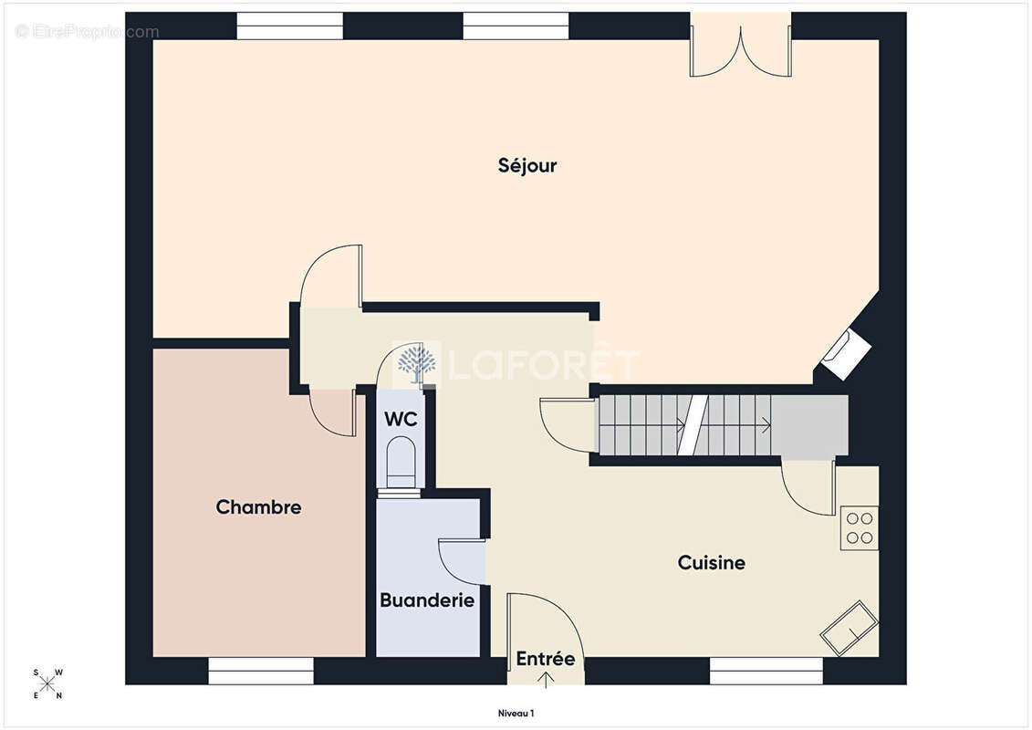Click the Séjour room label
click(x=527, y=165)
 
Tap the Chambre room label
click(x=258, y=506)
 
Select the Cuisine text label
click(x=712, y=562)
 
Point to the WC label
click(x=401, y=419)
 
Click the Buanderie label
click(x=427, y=600)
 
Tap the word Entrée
click(x=545, y=658)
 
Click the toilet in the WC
click(x=401, y=464)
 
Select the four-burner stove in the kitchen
click(x=859, y=528)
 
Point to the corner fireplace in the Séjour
click(x=847, y=353)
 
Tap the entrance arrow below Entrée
click(x=546, y=679)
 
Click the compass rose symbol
click(x=47, y=684)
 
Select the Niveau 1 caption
click(x=516, y=713)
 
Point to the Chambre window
click(x=261, y=671)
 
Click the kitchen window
click(x=766, y=671)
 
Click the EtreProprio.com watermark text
click(x=88, y=32)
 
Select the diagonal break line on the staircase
click(x=693, y=425)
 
